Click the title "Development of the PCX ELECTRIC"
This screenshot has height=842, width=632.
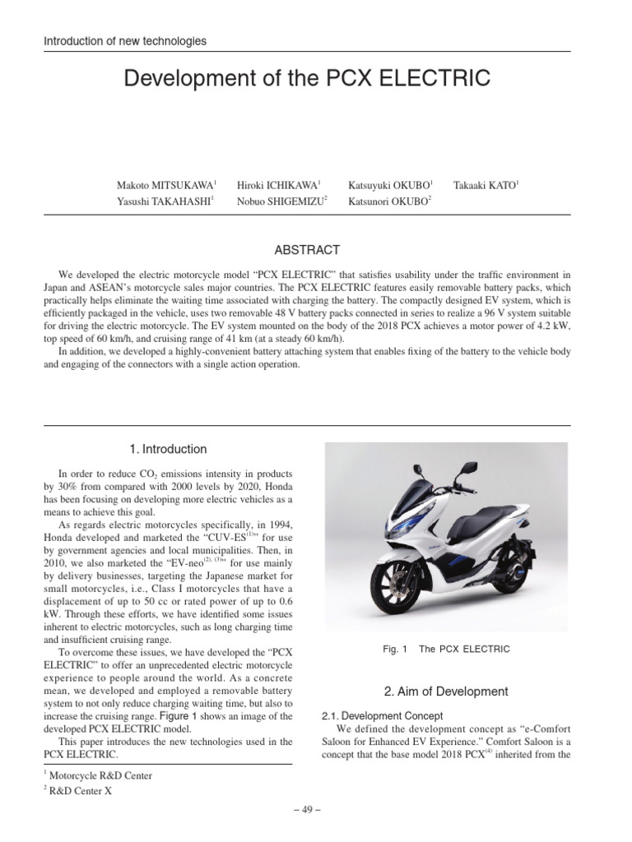(306, 79)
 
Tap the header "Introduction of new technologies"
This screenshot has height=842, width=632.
(125, 40)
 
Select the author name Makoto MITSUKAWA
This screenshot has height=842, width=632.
(165, 186)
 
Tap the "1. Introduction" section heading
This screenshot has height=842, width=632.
(168, 449)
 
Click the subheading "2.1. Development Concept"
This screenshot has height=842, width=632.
(383, 716)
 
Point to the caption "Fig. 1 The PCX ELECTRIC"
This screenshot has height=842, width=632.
(446, 649)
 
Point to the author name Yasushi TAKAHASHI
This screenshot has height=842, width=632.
(165, 202)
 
